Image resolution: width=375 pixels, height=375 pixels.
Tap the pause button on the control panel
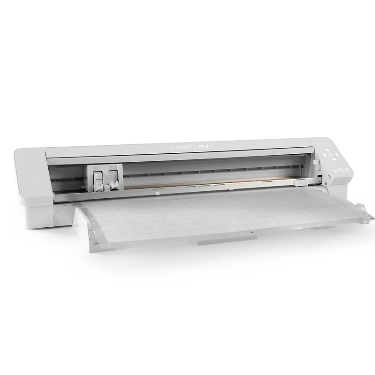point(331,155)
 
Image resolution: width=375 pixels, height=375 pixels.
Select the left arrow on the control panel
point(325,155)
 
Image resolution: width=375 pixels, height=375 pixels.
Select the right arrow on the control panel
point(336,155)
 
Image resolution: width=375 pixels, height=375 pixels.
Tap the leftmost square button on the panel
point(335,171)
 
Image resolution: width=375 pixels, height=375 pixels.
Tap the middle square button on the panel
point(342,170)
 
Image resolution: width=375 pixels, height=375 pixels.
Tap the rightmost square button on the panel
point(348,170)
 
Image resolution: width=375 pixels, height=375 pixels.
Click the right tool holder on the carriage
point(113,180)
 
